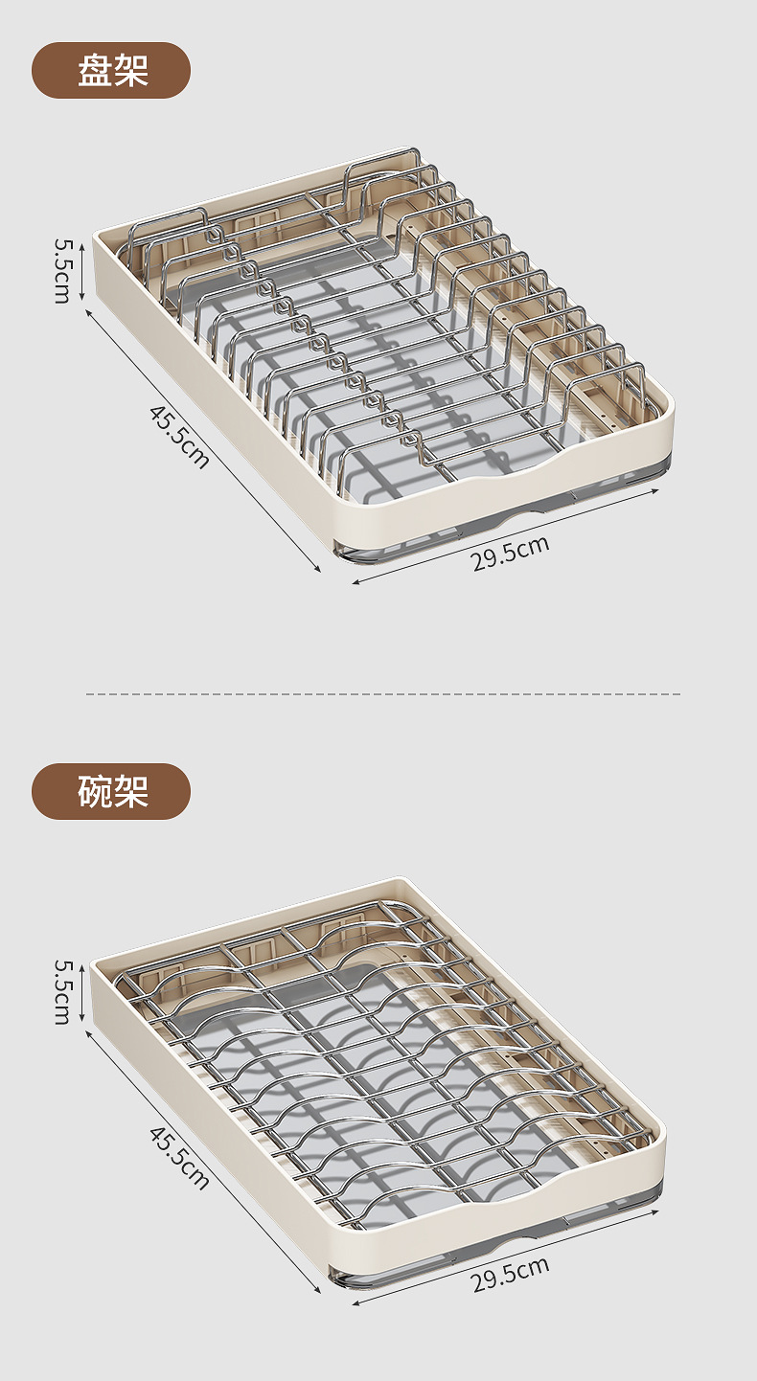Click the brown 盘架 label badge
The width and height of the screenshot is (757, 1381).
pyautogui.click(x=111, y=70)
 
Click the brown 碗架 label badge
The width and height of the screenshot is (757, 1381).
pyautogui.click(x=111, y=791)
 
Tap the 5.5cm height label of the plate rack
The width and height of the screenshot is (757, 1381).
pyautogui.click(x=62, y=271)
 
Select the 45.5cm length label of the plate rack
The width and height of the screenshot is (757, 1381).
pyautogui.click(x=179, y=437)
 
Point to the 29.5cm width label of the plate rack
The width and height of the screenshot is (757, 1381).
pyautogui.click(x=511, y=555)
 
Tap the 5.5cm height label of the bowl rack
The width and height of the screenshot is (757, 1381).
pyautogui.click(x=62, y=992)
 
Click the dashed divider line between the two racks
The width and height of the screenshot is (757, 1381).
pyautogui.click(x=383, y=693)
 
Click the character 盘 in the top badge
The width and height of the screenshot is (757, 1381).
pyautogui.click(x=95, y=70)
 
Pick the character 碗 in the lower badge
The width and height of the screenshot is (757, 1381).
pyautogui.click(x=95, y=791)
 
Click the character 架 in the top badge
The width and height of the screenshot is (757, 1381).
pyautogui.click(x=130, y=70)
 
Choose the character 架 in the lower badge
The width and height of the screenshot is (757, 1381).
pyautogui.click(x=130, y=791)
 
